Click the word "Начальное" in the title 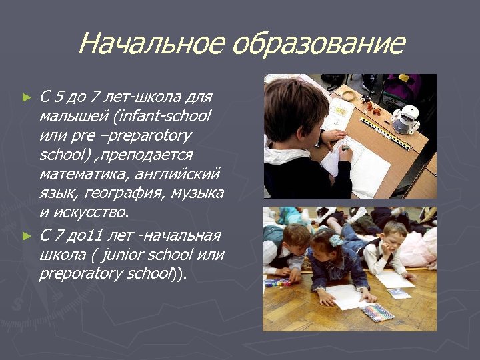tap(151, 44)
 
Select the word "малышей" tap(74, 117)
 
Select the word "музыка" tap(198, 193)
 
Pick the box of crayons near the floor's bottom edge tap(377, 312)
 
